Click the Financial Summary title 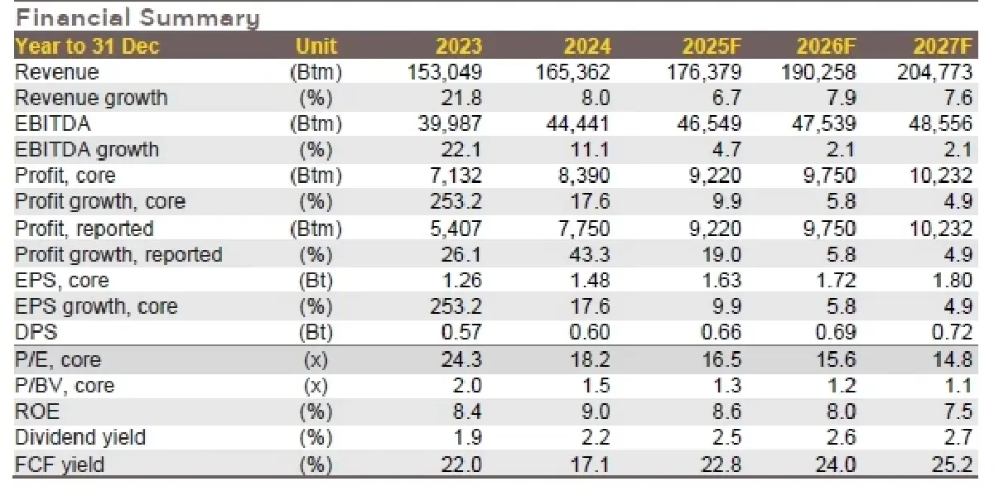click(x=138, y=18)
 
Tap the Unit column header click(x=316, y=46)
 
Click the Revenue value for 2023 click(x=445, y=72)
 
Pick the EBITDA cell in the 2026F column click(x=818, y=124)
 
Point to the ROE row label click(x=37, y=412)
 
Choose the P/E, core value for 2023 click(x=459, y=360)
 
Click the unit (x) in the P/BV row click(x=316, y=386)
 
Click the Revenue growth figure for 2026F click(x=838, y=98)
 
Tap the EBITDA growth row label click(x=86, y=150)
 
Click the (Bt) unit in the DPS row click(x=316, y=333)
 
